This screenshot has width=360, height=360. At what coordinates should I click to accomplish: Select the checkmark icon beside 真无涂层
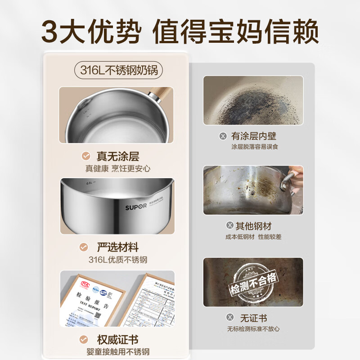[85, 156]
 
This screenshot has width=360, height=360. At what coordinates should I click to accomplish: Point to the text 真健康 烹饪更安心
[118, 169]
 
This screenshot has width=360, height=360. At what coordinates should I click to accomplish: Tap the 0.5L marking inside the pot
[90, 184]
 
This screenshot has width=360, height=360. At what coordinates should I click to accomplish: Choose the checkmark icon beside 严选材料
[84, 247]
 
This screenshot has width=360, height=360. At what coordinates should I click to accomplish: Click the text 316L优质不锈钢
[118, 260]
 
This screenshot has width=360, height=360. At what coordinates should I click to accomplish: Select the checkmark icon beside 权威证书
[84, 339]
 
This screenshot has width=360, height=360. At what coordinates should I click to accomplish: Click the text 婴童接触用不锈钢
[118, 352]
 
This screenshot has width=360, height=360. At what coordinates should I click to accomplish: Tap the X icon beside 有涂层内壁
[222, 135]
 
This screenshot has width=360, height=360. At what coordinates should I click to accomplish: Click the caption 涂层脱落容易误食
[255, 147]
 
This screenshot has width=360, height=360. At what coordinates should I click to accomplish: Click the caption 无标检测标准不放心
[253, 329]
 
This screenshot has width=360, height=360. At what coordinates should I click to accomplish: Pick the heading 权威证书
[117, 339]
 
